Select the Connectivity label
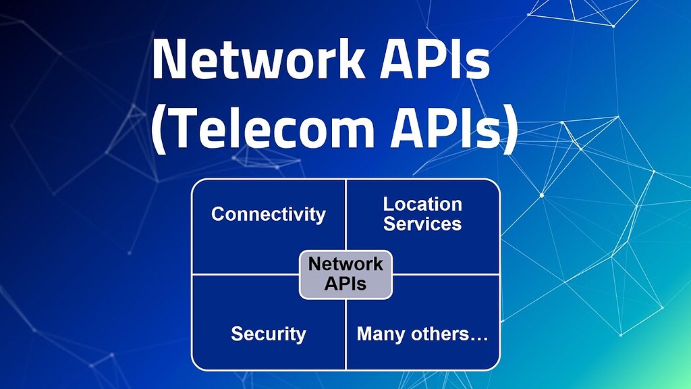pyautogui.click(x=268, y=215)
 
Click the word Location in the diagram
pyautogui.click(x=422, y=204)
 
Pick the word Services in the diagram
pyautogui.click(x=422, y=224)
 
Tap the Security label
pyautogui.click(x=268, y=334)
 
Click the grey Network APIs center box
pyautogui.click(x=345, y=274)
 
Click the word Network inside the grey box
pyautogui.click(x=345, y=264)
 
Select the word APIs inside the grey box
pyautogui.click(x=345, y=283)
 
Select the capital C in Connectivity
pyautogui.click(x=218, y=215)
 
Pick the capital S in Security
pyautogui.click(x=237, y=334)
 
